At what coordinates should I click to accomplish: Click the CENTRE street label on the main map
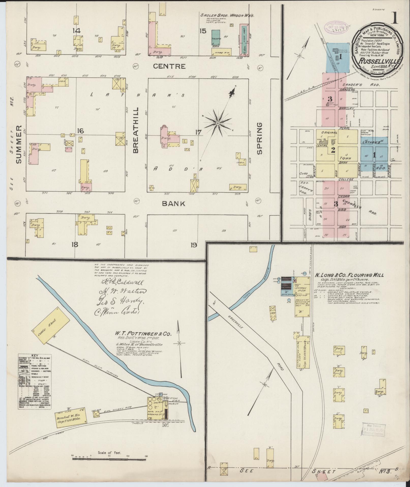(x=169, y=66)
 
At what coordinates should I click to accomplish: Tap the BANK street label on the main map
(x=174, y=204)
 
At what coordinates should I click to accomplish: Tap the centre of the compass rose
(x=218, y=123)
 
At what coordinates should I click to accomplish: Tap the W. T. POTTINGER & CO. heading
(x=143, y=333)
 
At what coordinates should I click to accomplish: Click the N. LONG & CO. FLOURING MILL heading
(x=349, y=275)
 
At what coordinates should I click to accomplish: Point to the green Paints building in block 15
(x=216, y=37)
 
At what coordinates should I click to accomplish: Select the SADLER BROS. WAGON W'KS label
(x=227, y=15)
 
